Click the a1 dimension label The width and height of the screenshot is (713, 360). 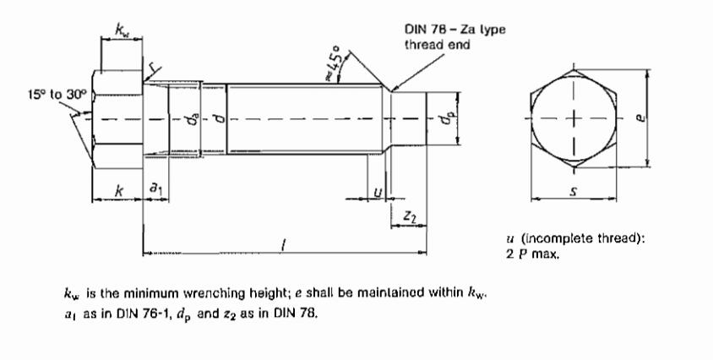(x=156, y=194)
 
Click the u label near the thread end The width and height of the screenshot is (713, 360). (x=377, y=194)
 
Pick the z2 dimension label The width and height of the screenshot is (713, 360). (x=410, y=218)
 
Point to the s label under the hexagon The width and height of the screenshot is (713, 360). (x=574, y=193)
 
